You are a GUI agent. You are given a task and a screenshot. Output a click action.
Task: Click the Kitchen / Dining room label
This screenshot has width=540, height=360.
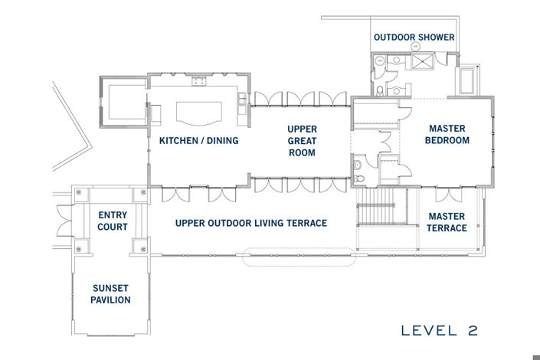pyautogui.click(x=198, y=141)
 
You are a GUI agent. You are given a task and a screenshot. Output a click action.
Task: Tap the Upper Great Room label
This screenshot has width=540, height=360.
pyautogui.click(x=302, y=141)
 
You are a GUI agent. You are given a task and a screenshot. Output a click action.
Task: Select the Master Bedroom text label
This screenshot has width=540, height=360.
pyautogui.click(x=447, y=134)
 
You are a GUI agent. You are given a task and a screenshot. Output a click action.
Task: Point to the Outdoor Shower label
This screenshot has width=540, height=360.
pyautogui.click(x=414, y=38)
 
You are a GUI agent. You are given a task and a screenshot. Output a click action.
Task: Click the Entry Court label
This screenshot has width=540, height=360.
pyautogui.click(x=113, y=221)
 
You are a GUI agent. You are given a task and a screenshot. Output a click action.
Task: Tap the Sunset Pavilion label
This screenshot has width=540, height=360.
pyautogui.click(x=110, y=294)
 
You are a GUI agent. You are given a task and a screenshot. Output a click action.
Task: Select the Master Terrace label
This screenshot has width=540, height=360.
pyautogui.click(x=447, y=222)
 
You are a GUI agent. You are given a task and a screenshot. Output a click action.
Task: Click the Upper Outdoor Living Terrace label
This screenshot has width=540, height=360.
pyautogui.click(x=251, y=223)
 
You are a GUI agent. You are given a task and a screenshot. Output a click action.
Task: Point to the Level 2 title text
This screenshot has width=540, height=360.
pyautogui.click(x=440, y=331)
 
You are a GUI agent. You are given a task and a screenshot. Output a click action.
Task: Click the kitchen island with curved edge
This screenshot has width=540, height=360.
pyautogui.click(x=199, y=113)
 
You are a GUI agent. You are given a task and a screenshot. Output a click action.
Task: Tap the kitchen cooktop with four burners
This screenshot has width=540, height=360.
pyautogui.click(x=199, y=81)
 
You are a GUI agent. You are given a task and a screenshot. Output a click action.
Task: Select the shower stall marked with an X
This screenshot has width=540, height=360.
pyautogui.click(x=422, y=61)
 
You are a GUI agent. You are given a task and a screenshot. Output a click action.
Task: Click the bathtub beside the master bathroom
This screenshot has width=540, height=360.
pyautogui.click(x=466, y=81)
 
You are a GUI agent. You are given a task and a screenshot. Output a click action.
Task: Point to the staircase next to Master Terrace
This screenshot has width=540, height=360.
pyautogui.click(x=375, y=207)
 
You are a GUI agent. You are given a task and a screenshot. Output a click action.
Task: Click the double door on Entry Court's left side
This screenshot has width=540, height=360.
pyautogui.click(x=65, y=221)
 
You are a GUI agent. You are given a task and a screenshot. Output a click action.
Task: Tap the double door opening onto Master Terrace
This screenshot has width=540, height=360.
pyautogui.click(x=448, y=195)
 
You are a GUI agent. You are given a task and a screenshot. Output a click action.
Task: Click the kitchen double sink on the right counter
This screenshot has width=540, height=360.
pyautogui.click(x=242, y=103)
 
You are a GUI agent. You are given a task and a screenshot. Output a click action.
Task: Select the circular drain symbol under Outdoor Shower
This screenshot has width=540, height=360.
pyautogui.click(x=416, y=47)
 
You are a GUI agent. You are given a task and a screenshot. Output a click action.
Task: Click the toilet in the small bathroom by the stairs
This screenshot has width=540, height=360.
pyautogui.click(x=359, y=178)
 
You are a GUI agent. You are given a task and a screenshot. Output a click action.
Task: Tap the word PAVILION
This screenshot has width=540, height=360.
pyautogui.click(x=110, y=299)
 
